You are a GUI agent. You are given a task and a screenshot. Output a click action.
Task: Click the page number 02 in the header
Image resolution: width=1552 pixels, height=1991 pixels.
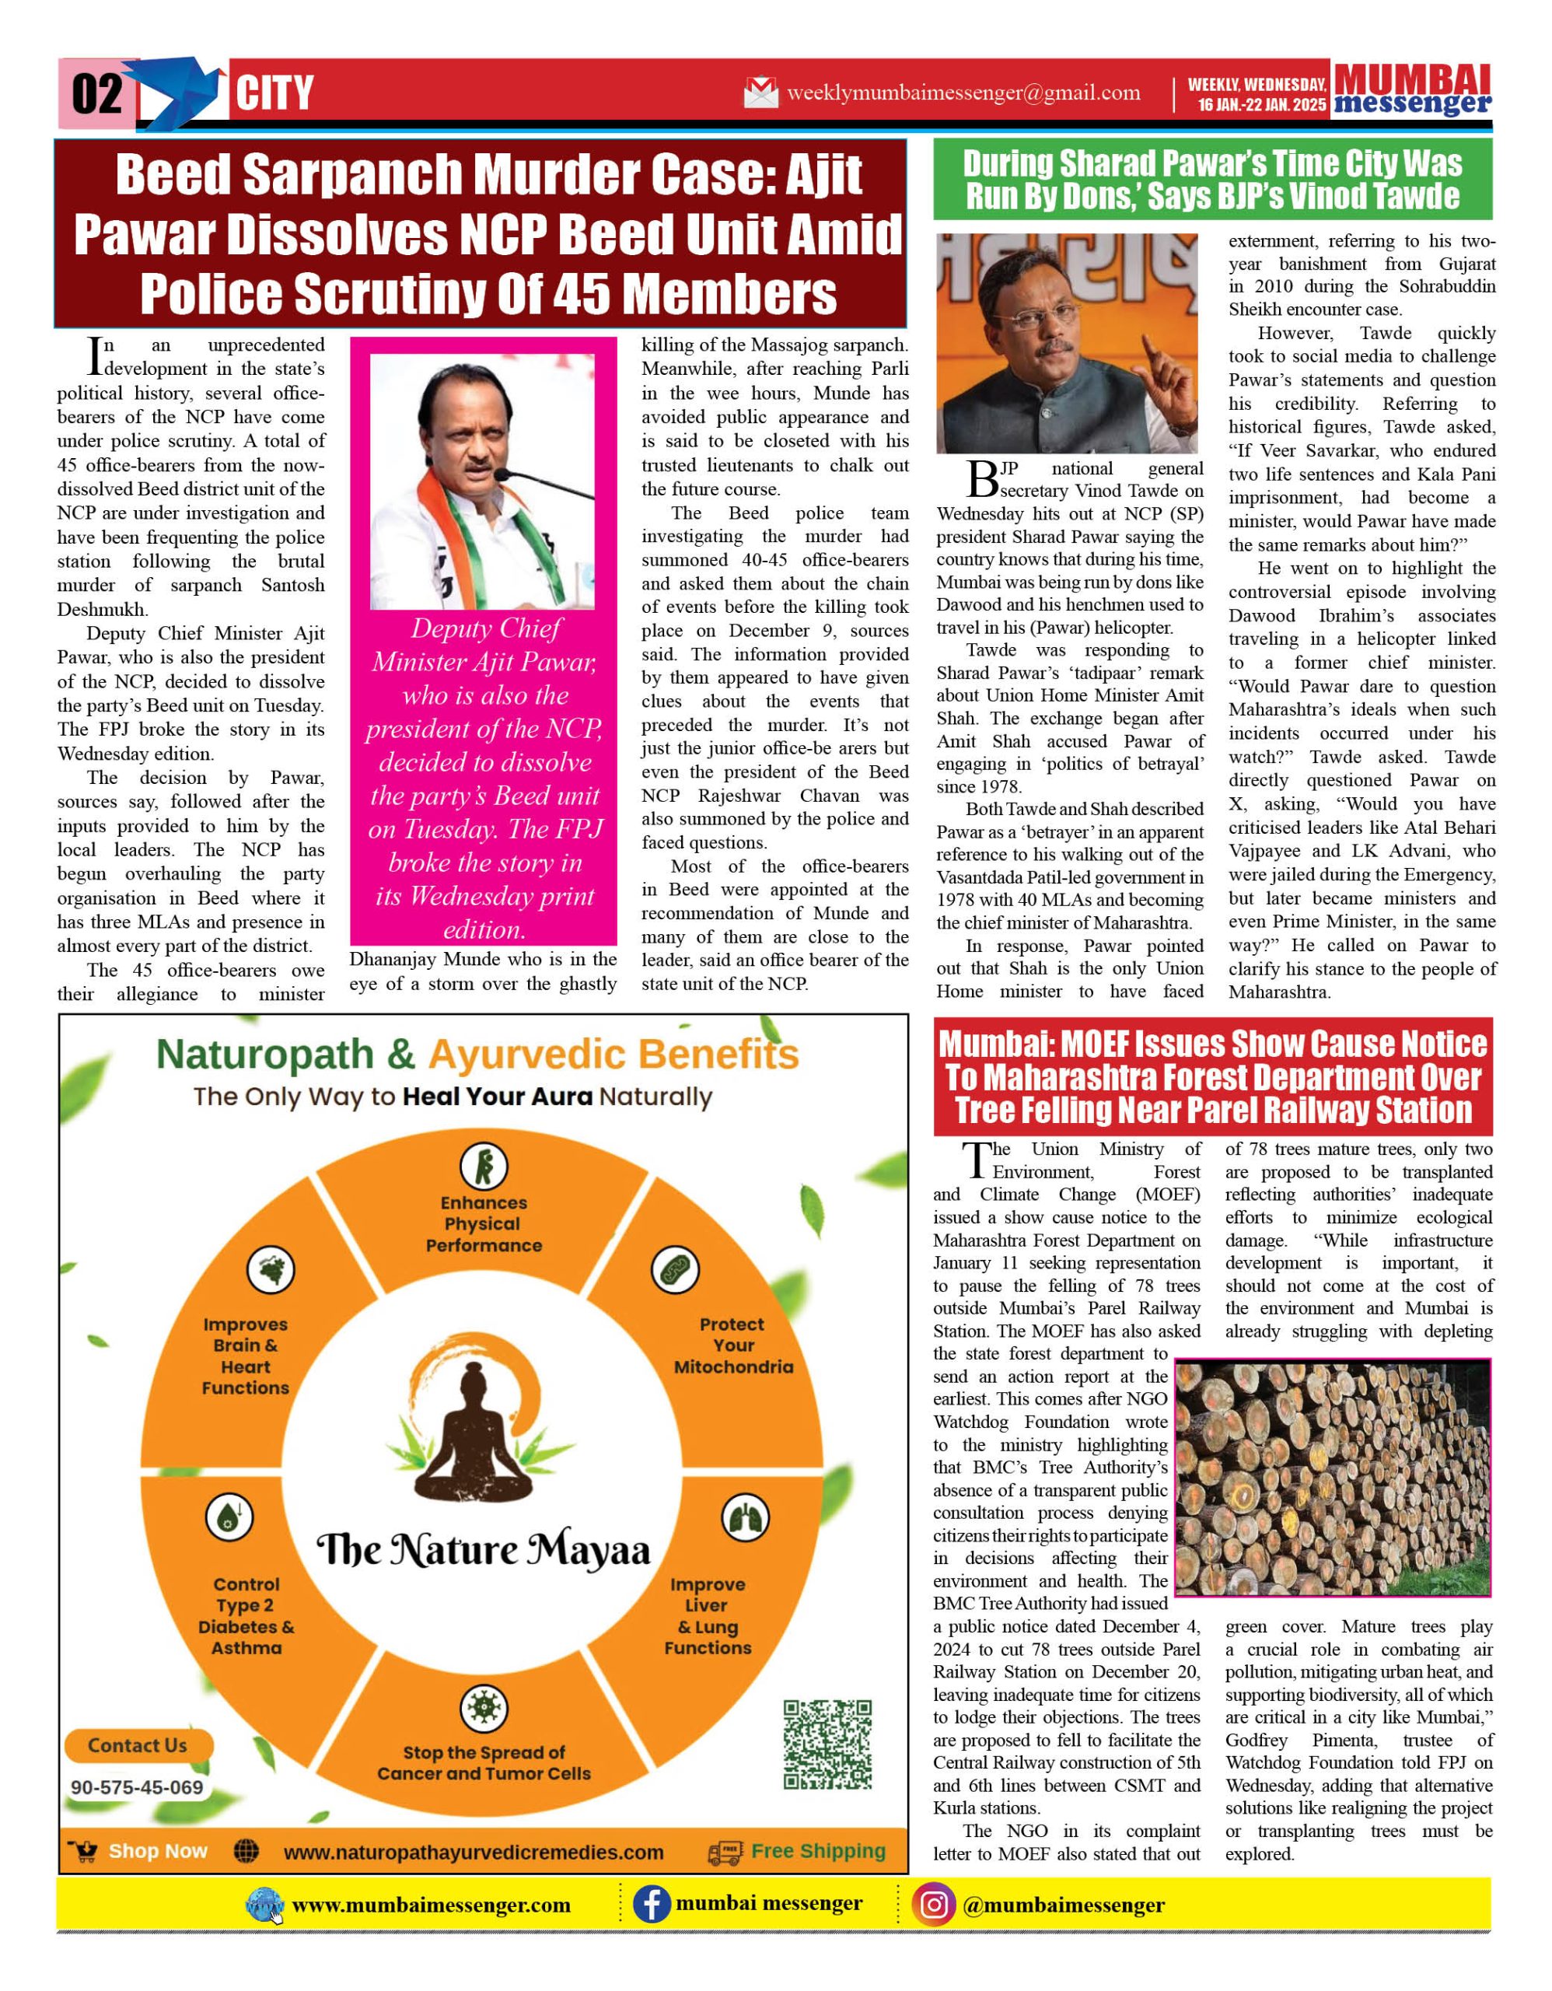click(96, 94)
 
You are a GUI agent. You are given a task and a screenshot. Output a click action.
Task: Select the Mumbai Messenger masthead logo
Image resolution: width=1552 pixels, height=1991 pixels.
click(1412, 90)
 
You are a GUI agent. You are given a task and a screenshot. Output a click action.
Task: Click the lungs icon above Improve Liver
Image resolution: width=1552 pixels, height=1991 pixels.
click(745, 1519)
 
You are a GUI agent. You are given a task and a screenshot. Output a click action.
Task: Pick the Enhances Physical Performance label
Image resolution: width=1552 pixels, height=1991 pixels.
click(483, 1223)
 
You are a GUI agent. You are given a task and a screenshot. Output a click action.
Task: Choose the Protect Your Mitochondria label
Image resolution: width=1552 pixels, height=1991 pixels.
click(733, 1345)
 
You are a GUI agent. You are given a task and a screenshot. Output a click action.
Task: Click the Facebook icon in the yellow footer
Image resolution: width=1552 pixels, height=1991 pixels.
click(652, 1905)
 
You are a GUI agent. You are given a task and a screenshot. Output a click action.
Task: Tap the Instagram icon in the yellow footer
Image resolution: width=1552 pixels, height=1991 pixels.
click(933, 1905)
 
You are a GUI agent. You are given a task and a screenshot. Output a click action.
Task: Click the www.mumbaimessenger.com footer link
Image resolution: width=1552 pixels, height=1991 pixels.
click(431, 1905)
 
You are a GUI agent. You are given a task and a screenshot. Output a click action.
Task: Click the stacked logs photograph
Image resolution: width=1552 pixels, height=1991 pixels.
click(1333, 1478)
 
